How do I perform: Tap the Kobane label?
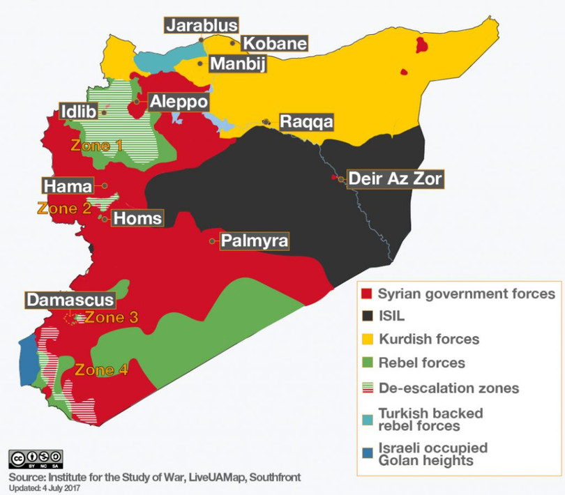point(274,43)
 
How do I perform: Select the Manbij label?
point(237,64)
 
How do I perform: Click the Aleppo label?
point(178,101)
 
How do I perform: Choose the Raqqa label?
point(306,122)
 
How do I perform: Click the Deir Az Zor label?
point(395,178)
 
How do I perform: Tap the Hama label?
point(67,186)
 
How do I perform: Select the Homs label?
point(137,218)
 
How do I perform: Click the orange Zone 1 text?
point(97,146)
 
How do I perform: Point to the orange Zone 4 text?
point(102,370)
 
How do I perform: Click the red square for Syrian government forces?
point(365,294)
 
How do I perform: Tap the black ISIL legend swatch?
point(365,316)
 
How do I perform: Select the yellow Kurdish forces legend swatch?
point(365,339)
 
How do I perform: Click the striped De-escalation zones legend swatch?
point(365,387)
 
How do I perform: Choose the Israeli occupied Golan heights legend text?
point(432,454)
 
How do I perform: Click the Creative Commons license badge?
point(32,458)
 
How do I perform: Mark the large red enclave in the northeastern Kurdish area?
point(421,46)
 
